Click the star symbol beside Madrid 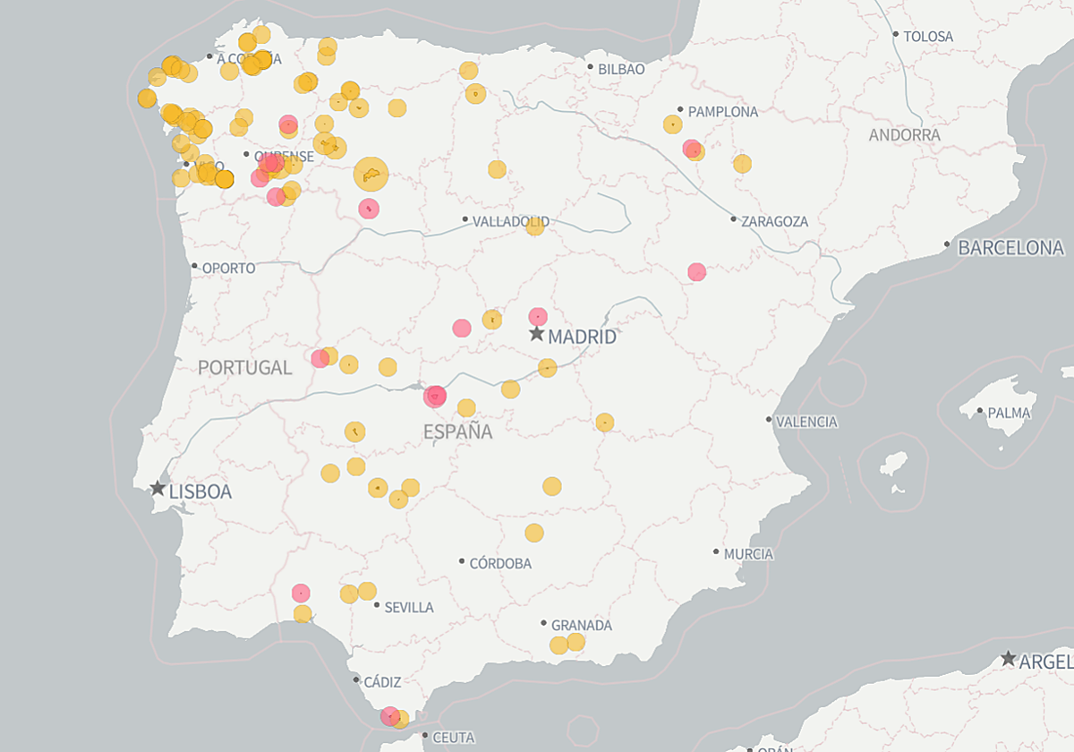coord(536,334)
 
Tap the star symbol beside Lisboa coord(158,489)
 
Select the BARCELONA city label coord(1010,248)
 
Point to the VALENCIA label coord(806,422)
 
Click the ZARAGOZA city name coord(774,221)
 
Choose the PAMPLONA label coord(722,112)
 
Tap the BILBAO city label coord(621,69)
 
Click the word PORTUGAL coord(244,367)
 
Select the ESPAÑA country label coord(457,432)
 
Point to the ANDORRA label coord(904,135)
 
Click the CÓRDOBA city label coord(500,564)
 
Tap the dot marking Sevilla coord(377,605)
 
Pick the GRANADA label coord(581,626)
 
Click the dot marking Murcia coord(716,552)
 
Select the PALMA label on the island coord(1009,414)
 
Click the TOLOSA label coord(928,37)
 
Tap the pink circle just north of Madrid coord(537,316)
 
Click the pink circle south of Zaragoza coord(696,271)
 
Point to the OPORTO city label coord(228,269)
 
